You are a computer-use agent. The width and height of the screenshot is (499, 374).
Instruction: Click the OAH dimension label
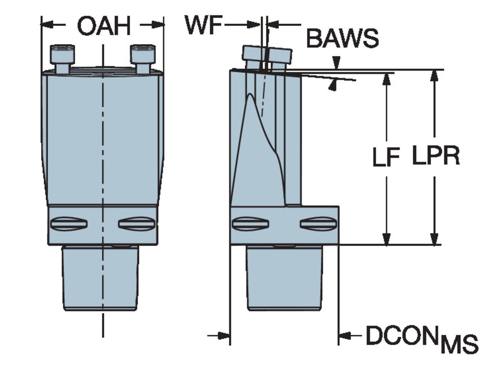point(103,27)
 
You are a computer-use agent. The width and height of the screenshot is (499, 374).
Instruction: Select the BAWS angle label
point(342,39)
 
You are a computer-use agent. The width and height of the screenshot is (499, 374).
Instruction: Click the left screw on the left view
point(62,58)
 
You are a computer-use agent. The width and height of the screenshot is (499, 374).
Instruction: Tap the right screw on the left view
point(143,58)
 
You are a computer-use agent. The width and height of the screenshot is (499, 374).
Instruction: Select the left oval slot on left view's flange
point(69,224)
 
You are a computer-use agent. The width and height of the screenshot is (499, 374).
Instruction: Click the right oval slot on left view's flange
point(137,224)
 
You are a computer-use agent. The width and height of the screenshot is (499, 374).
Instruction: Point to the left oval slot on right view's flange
point(250,224)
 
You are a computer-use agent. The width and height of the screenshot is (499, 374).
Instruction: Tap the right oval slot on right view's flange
point(318,224)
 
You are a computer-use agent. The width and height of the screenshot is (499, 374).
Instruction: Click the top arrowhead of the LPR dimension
point(435,76)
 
